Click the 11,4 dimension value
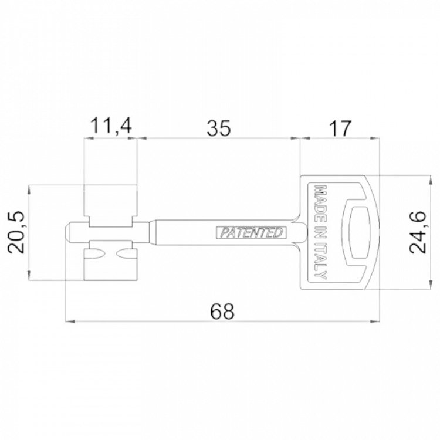click(111, 126)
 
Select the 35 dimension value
click(219, 128)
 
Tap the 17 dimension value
click(340, 128)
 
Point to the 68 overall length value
click(222, 311)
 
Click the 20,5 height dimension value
click(16, 233)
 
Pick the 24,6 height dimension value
click(418, 232)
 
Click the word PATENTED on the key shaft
click(252, 233)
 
